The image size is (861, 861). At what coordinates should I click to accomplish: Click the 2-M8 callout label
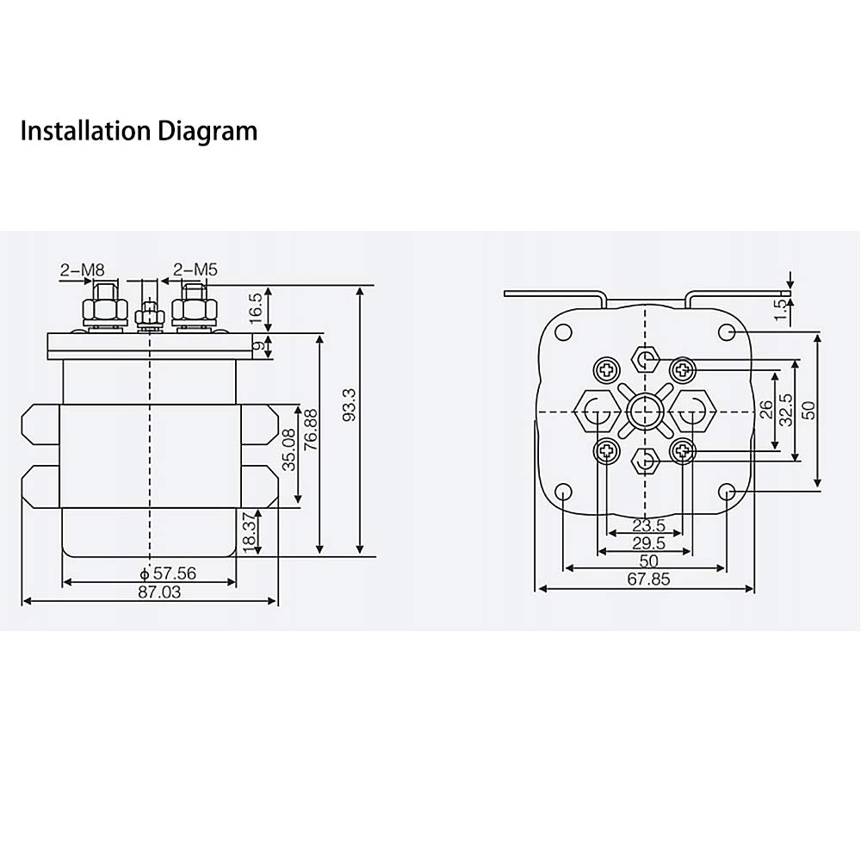[82, 269]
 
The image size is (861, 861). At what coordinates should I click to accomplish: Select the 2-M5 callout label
[195, 269]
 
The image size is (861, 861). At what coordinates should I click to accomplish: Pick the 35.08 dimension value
[288, 449]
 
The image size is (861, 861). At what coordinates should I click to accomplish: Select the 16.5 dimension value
[256, 308]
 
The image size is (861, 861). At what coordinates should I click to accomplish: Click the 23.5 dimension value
[648, 525]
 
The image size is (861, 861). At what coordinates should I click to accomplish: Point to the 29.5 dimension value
[648, 543]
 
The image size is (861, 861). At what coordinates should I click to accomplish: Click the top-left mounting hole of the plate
[564, 332]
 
